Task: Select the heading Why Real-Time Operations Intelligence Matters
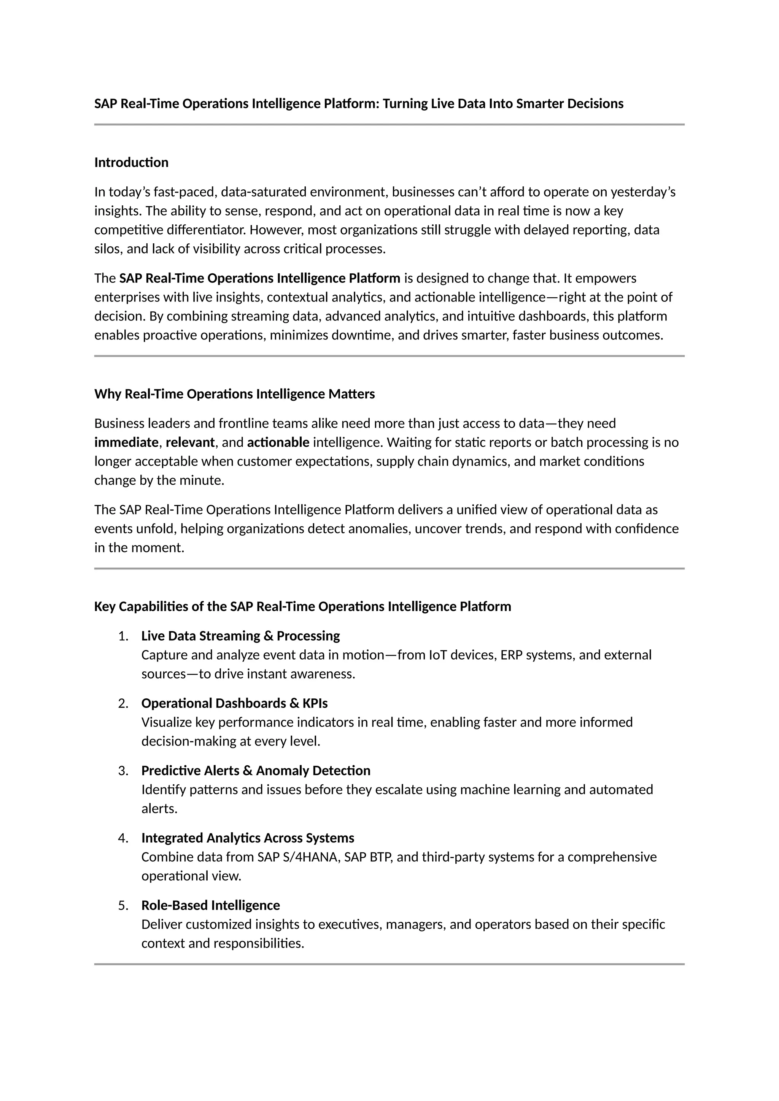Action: (235, 394)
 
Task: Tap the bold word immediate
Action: (126, 442)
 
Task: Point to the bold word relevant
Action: (190, 442)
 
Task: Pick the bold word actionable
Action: (278, 442)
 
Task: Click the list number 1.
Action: (123, 636)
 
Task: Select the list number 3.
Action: (123, 771)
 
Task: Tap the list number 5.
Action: (123, 905)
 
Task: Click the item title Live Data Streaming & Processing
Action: (240, 636)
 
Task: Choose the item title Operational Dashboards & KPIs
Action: (235, 703)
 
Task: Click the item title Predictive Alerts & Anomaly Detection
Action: (256, 771)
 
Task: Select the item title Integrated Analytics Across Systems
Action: (248, 838)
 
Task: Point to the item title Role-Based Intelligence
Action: (211, 905)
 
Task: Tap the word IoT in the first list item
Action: (437, 655)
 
